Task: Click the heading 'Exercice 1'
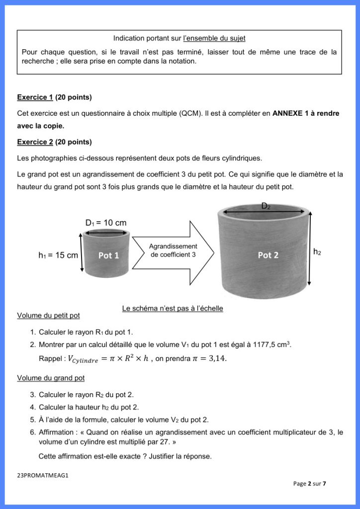pyautogui.click(x=35, y=97)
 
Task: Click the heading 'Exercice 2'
pyautogui.click(x=35, y=142)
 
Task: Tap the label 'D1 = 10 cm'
pyautogui.click(x=106, y=223)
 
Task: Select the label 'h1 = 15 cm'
pyautogui.click(x=58, y=255)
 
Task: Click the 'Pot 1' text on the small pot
pyautogui.click(x=108, y=255)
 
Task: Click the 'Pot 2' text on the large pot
pyautogui.click(x=268, y=255)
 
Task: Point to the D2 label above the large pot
pyautogui.click(x=267, y=206)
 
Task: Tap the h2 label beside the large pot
pyautogui.click(x=317, y=253)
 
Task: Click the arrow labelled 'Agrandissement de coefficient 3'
pyautogui.click(x=173, y=251)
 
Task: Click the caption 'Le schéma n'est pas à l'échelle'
pyautogui.click(x=173, y=309)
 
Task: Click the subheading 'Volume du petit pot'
pyautogui.click(x=48, y=315)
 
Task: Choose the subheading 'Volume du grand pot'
pyautogui.click(x=51, y=378)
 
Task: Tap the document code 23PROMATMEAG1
pyautogui.click(x=42, y=475)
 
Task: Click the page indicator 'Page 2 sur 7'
pyautogui.click(x=309, y=483)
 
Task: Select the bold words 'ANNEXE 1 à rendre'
pyautogui.click(x=306, y=113)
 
